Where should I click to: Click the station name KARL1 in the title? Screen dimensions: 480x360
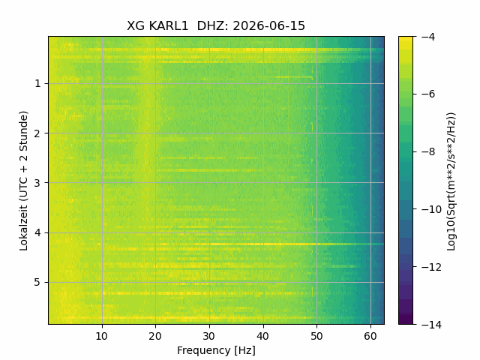click(168, 26)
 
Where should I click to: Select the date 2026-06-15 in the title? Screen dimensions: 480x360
click(269, 26)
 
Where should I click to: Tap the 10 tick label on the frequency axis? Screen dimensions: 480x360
click(102, 337)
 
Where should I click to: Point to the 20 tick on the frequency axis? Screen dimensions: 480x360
click(155, 337)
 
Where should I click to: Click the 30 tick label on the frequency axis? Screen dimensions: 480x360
click(209, 337)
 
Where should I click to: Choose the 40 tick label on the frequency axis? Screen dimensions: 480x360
click(263, 337)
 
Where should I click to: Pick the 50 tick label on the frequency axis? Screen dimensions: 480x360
click(316, 337)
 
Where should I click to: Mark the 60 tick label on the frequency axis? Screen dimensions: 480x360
click(370, 337)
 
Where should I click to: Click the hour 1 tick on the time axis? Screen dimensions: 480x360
click(37, 83)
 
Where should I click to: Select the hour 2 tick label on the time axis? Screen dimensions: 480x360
click(37, 133)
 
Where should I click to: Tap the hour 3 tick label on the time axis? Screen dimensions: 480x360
click(37, 183)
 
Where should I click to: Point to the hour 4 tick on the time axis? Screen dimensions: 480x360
click(37, 233)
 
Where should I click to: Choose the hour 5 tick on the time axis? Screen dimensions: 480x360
click(37, 282)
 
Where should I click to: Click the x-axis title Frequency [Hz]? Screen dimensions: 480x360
click(216, 350)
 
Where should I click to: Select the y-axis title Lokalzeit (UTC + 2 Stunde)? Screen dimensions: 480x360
click(23, 181)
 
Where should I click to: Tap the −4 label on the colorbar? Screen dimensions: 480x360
click(427, 37)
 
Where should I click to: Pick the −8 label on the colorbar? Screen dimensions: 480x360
click(427, 151)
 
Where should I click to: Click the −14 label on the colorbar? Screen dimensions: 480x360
click(431, 325)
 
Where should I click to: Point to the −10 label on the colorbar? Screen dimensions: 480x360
click(431, 209)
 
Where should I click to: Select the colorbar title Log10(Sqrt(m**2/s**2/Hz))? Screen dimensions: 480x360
click(451, 181)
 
